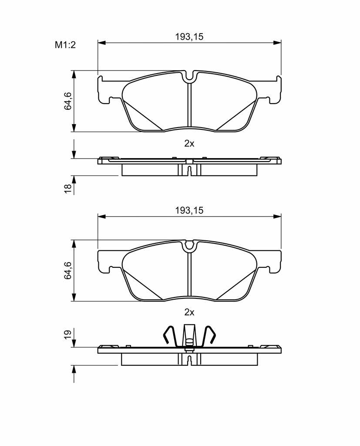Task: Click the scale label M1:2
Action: click(x=65, y=45)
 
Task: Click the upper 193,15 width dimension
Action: click(x=189, y=37)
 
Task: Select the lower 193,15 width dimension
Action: click(x=189, y=210)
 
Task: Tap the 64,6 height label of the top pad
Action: click(x=68, y=101)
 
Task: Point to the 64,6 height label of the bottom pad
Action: click(x=68, y=270)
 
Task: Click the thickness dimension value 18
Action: click(x=68, y=189)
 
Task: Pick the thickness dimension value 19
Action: click(x=67, y=334)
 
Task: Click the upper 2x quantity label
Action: click(x=189, y=144)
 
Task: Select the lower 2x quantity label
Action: click(x=189, y=312)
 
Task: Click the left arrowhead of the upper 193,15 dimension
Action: click(x=101, y=43)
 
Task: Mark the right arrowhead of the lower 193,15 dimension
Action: click(x=277, y=217)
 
